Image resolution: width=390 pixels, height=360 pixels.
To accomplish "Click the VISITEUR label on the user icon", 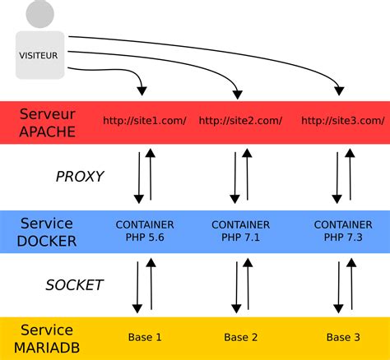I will [39, 56].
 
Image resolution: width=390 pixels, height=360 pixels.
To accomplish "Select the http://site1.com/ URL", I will [145, 121].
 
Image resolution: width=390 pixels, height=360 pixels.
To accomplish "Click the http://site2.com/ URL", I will [240, 121].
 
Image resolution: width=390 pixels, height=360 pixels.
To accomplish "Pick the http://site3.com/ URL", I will [342, 121].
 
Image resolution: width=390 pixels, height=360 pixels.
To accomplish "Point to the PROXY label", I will [79, 176].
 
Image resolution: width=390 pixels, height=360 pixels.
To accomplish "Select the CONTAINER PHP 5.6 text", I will [144, 231].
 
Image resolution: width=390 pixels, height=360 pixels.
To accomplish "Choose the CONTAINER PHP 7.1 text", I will [240, 231].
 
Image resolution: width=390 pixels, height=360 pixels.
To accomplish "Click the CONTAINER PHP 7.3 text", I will [343, 231].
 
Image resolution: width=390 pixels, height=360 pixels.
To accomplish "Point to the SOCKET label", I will [74, 285].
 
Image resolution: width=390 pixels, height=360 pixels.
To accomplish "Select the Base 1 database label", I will [145, 338].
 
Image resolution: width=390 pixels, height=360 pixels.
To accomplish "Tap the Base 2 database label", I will [240, 338].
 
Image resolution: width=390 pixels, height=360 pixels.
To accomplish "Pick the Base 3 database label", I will [343, 338].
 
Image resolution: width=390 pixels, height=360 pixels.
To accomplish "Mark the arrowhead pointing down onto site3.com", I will [339, 89].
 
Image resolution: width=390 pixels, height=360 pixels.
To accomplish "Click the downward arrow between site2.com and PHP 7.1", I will [235, 176].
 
